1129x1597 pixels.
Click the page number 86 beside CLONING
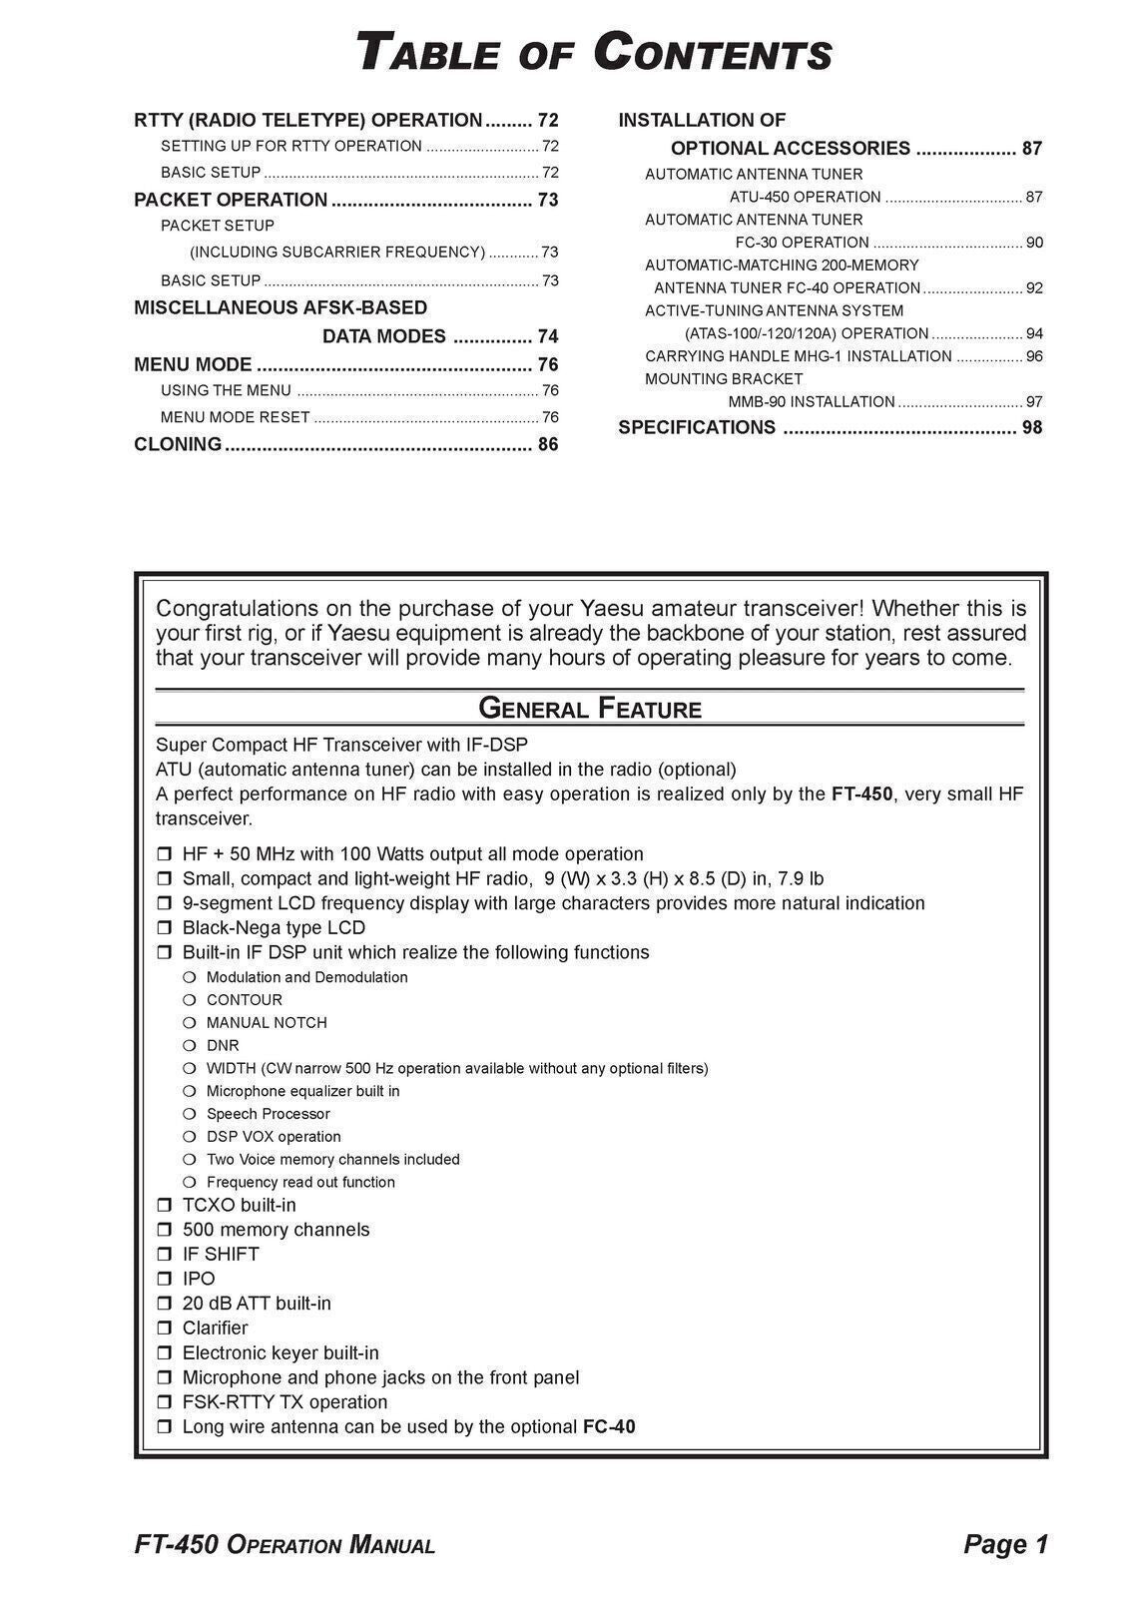[548, 445]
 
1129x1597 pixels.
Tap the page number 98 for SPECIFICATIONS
[1032, 428]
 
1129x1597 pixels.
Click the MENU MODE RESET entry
[236, 418]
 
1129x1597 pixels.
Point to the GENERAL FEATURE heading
[590, 710]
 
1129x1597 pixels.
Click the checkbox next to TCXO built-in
[165, 1206]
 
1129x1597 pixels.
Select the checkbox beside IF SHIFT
[165, 1255]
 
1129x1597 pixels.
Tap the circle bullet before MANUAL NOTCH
[190, 1023]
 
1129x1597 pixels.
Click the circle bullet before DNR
[190, 1046]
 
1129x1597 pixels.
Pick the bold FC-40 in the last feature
[609, 1427]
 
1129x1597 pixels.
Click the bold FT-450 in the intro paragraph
[861, 795]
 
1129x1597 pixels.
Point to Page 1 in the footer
[1005, 1545]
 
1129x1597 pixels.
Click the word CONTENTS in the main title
[712, 53]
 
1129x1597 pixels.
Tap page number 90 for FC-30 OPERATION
[1034, 243]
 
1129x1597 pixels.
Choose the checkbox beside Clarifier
[165, 1329]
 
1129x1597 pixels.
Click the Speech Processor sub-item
[268, 1114]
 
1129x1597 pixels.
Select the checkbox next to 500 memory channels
[165, 1231]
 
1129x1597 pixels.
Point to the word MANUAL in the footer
[391, 1546]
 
